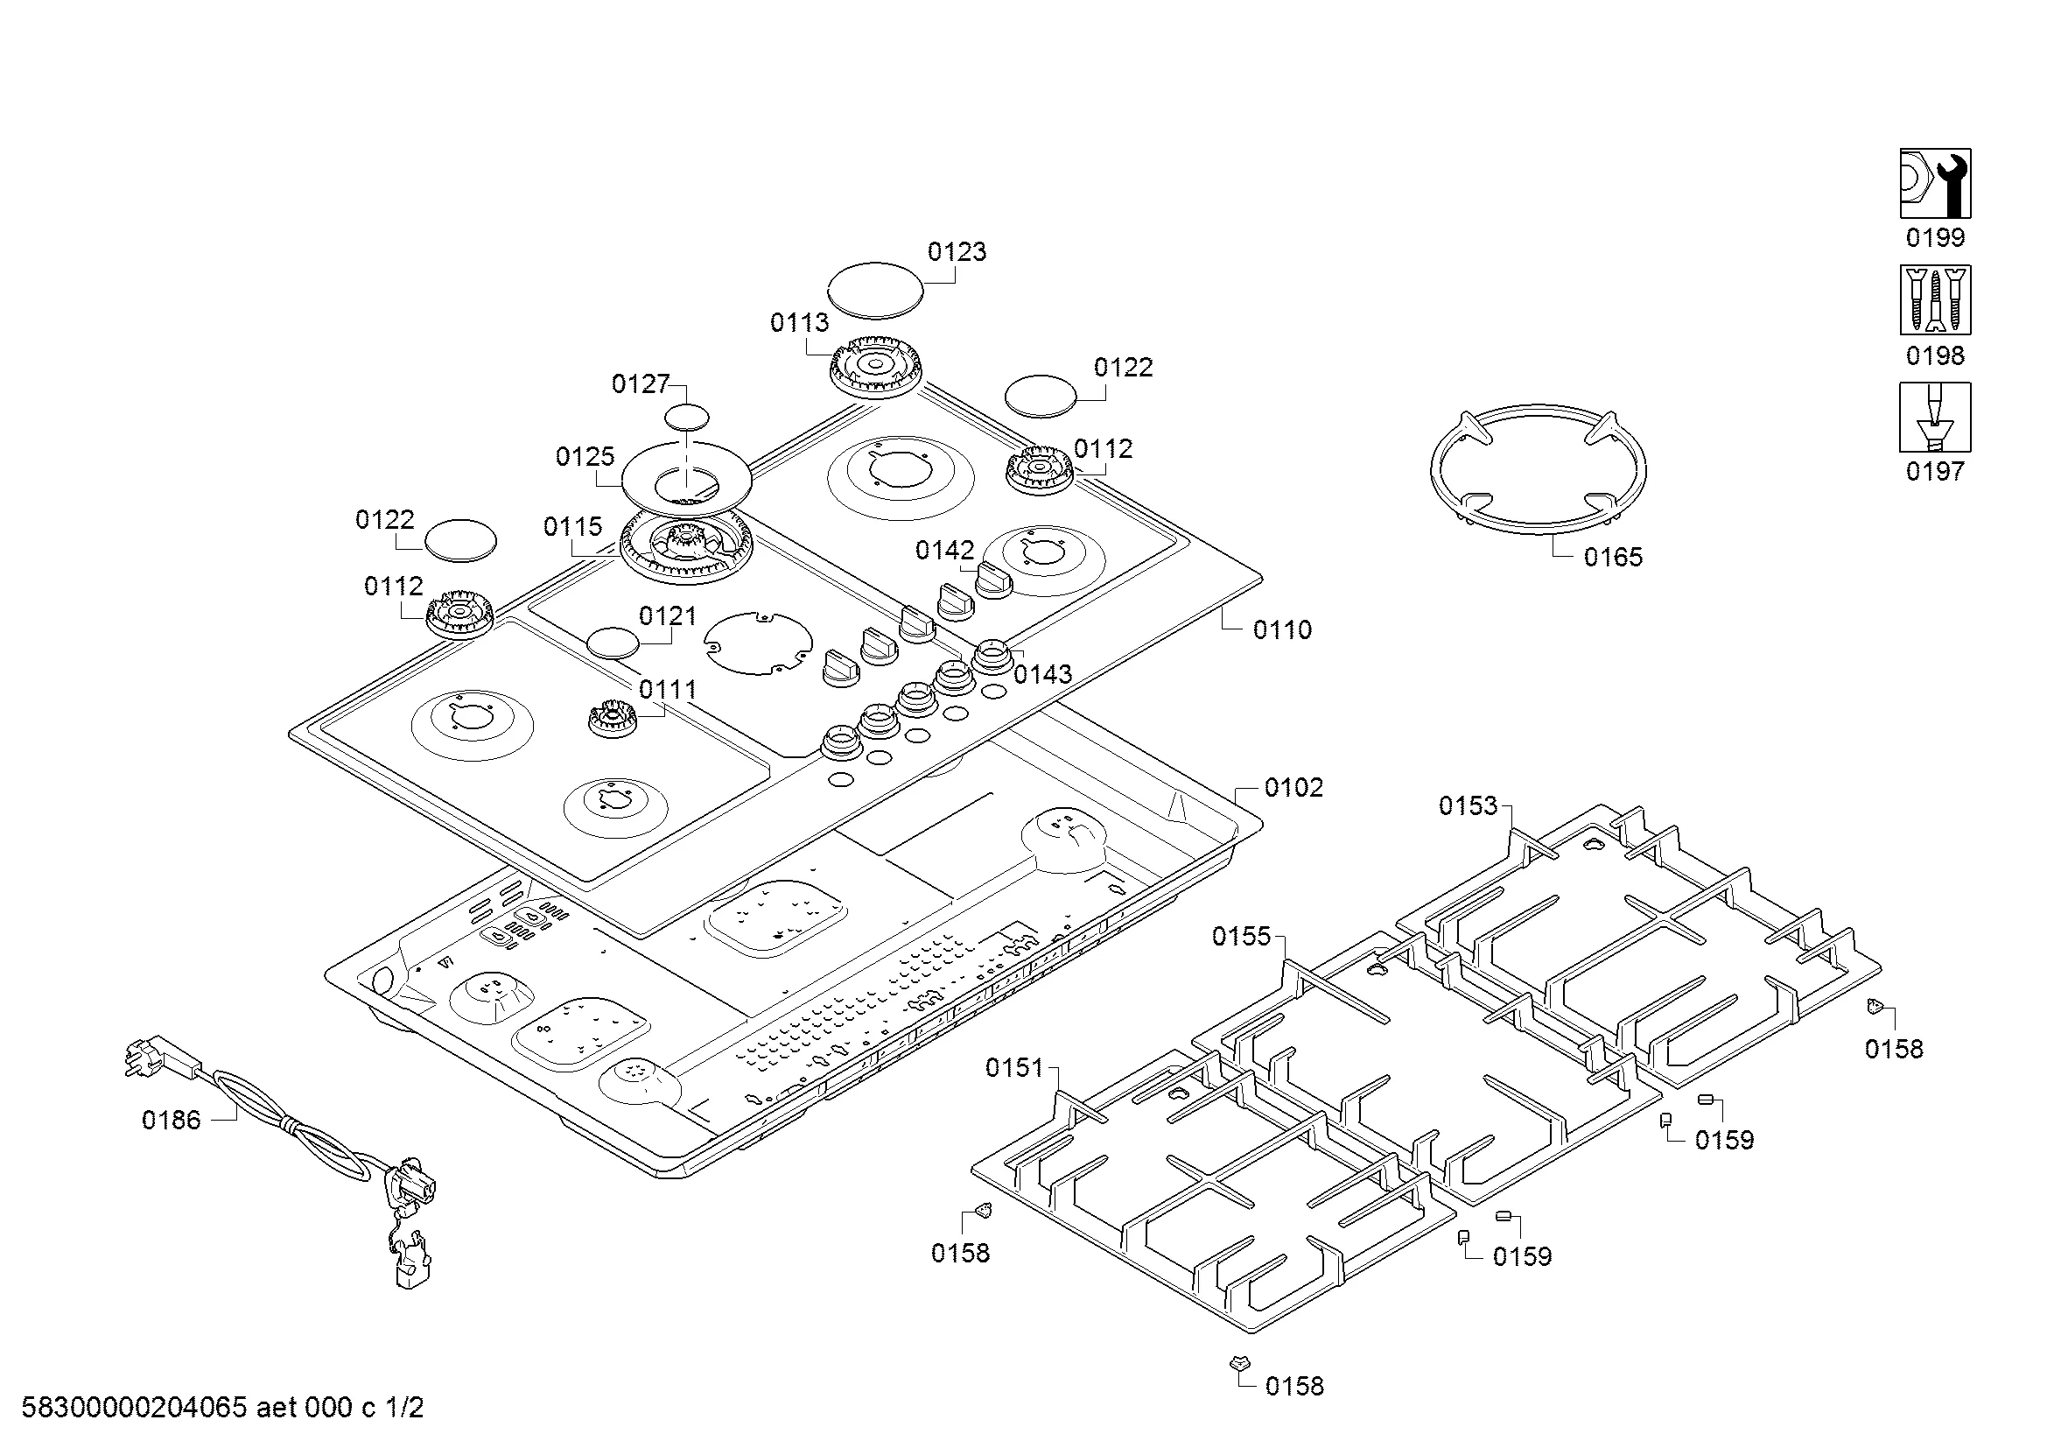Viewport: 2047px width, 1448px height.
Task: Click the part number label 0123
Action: [x=957, y=252]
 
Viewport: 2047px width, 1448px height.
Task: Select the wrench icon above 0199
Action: [x=1935, y=184]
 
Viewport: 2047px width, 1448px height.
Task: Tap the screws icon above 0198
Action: [x=1935, y=300]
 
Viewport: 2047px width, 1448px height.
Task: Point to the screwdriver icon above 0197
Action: [x=1935, y=418]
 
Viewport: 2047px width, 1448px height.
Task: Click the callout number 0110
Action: [x=1282, y=630]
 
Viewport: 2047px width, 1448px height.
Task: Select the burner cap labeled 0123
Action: [x=875, y=290]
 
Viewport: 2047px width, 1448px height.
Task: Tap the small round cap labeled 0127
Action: [x=687, y=418]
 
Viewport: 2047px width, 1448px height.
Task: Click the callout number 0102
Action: [x=1293, y=788]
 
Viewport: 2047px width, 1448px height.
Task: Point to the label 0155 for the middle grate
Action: [x=1241, y=936]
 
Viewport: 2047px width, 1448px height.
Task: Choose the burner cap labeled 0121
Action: [x=613, y=643]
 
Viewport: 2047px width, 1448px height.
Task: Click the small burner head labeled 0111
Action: [x=612, y=716]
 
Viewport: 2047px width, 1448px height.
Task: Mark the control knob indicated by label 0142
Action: [x=994, y=580]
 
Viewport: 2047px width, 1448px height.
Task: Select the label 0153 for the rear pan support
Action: [x=1468, y=806]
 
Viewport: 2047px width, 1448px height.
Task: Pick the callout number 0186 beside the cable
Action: [x=172, y=1121]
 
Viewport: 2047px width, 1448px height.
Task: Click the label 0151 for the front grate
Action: [x=1013, y=1068]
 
